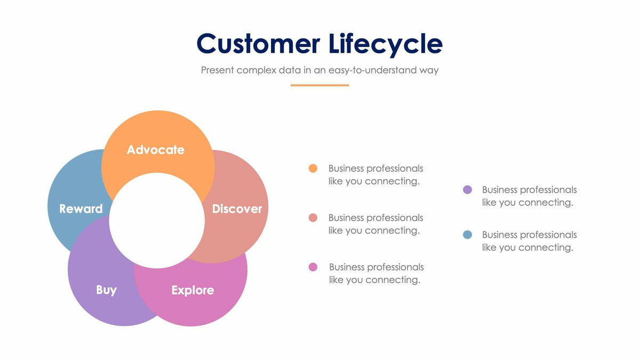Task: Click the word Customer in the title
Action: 258,44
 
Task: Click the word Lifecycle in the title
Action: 382,44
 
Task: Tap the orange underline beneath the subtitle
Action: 319,85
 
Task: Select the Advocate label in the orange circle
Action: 155,150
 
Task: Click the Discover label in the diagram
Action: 237,209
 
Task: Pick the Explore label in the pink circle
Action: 193,290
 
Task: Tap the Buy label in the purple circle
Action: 106,290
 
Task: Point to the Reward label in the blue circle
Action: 81,209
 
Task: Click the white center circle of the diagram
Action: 157,220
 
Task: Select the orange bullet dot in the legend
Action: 313,169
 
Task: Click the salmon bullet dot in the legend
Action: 313,218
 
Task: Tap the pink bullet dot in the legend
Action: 313,267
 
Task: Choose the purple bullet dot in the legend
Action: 468,190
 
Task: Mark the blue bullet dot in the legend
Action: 468,235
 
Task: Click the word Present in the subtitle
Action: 217,70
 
